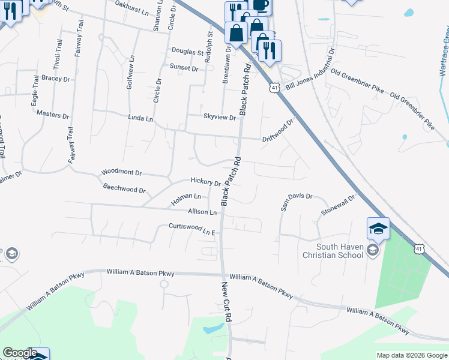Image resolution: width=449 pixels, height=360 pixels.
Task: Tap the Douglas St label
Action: (188, 52)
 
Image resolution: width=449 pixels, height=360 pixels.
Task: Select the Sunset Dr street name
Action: (184, 68)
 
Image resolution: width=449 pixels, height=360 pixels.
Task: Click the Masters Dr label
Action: (53, 114)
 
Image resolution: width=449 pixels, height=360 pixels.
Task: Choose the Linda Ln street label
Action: (140, 119)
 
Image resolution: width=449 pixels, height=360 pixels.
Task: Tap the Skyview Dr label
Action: (219, 118)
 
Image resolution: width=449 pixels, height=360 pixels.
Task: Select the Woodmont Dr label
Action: (121, 172)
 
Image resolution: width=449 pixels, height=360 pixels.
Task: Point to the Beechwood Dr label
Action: (124, 190)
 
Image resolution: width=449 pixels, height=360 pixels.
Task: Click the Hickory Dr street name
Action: (205, 181)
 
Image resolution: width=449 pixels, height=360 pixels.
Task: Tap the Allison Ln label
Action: (202, 212)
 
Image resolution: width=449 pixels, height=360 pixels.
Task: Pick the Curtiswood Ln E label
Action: (191, 229)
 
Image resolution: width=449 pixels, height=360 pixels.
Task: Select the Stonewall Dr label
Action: (338, 204)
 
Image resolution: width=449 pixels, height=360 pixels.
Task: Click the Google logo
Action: (20, 353)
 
